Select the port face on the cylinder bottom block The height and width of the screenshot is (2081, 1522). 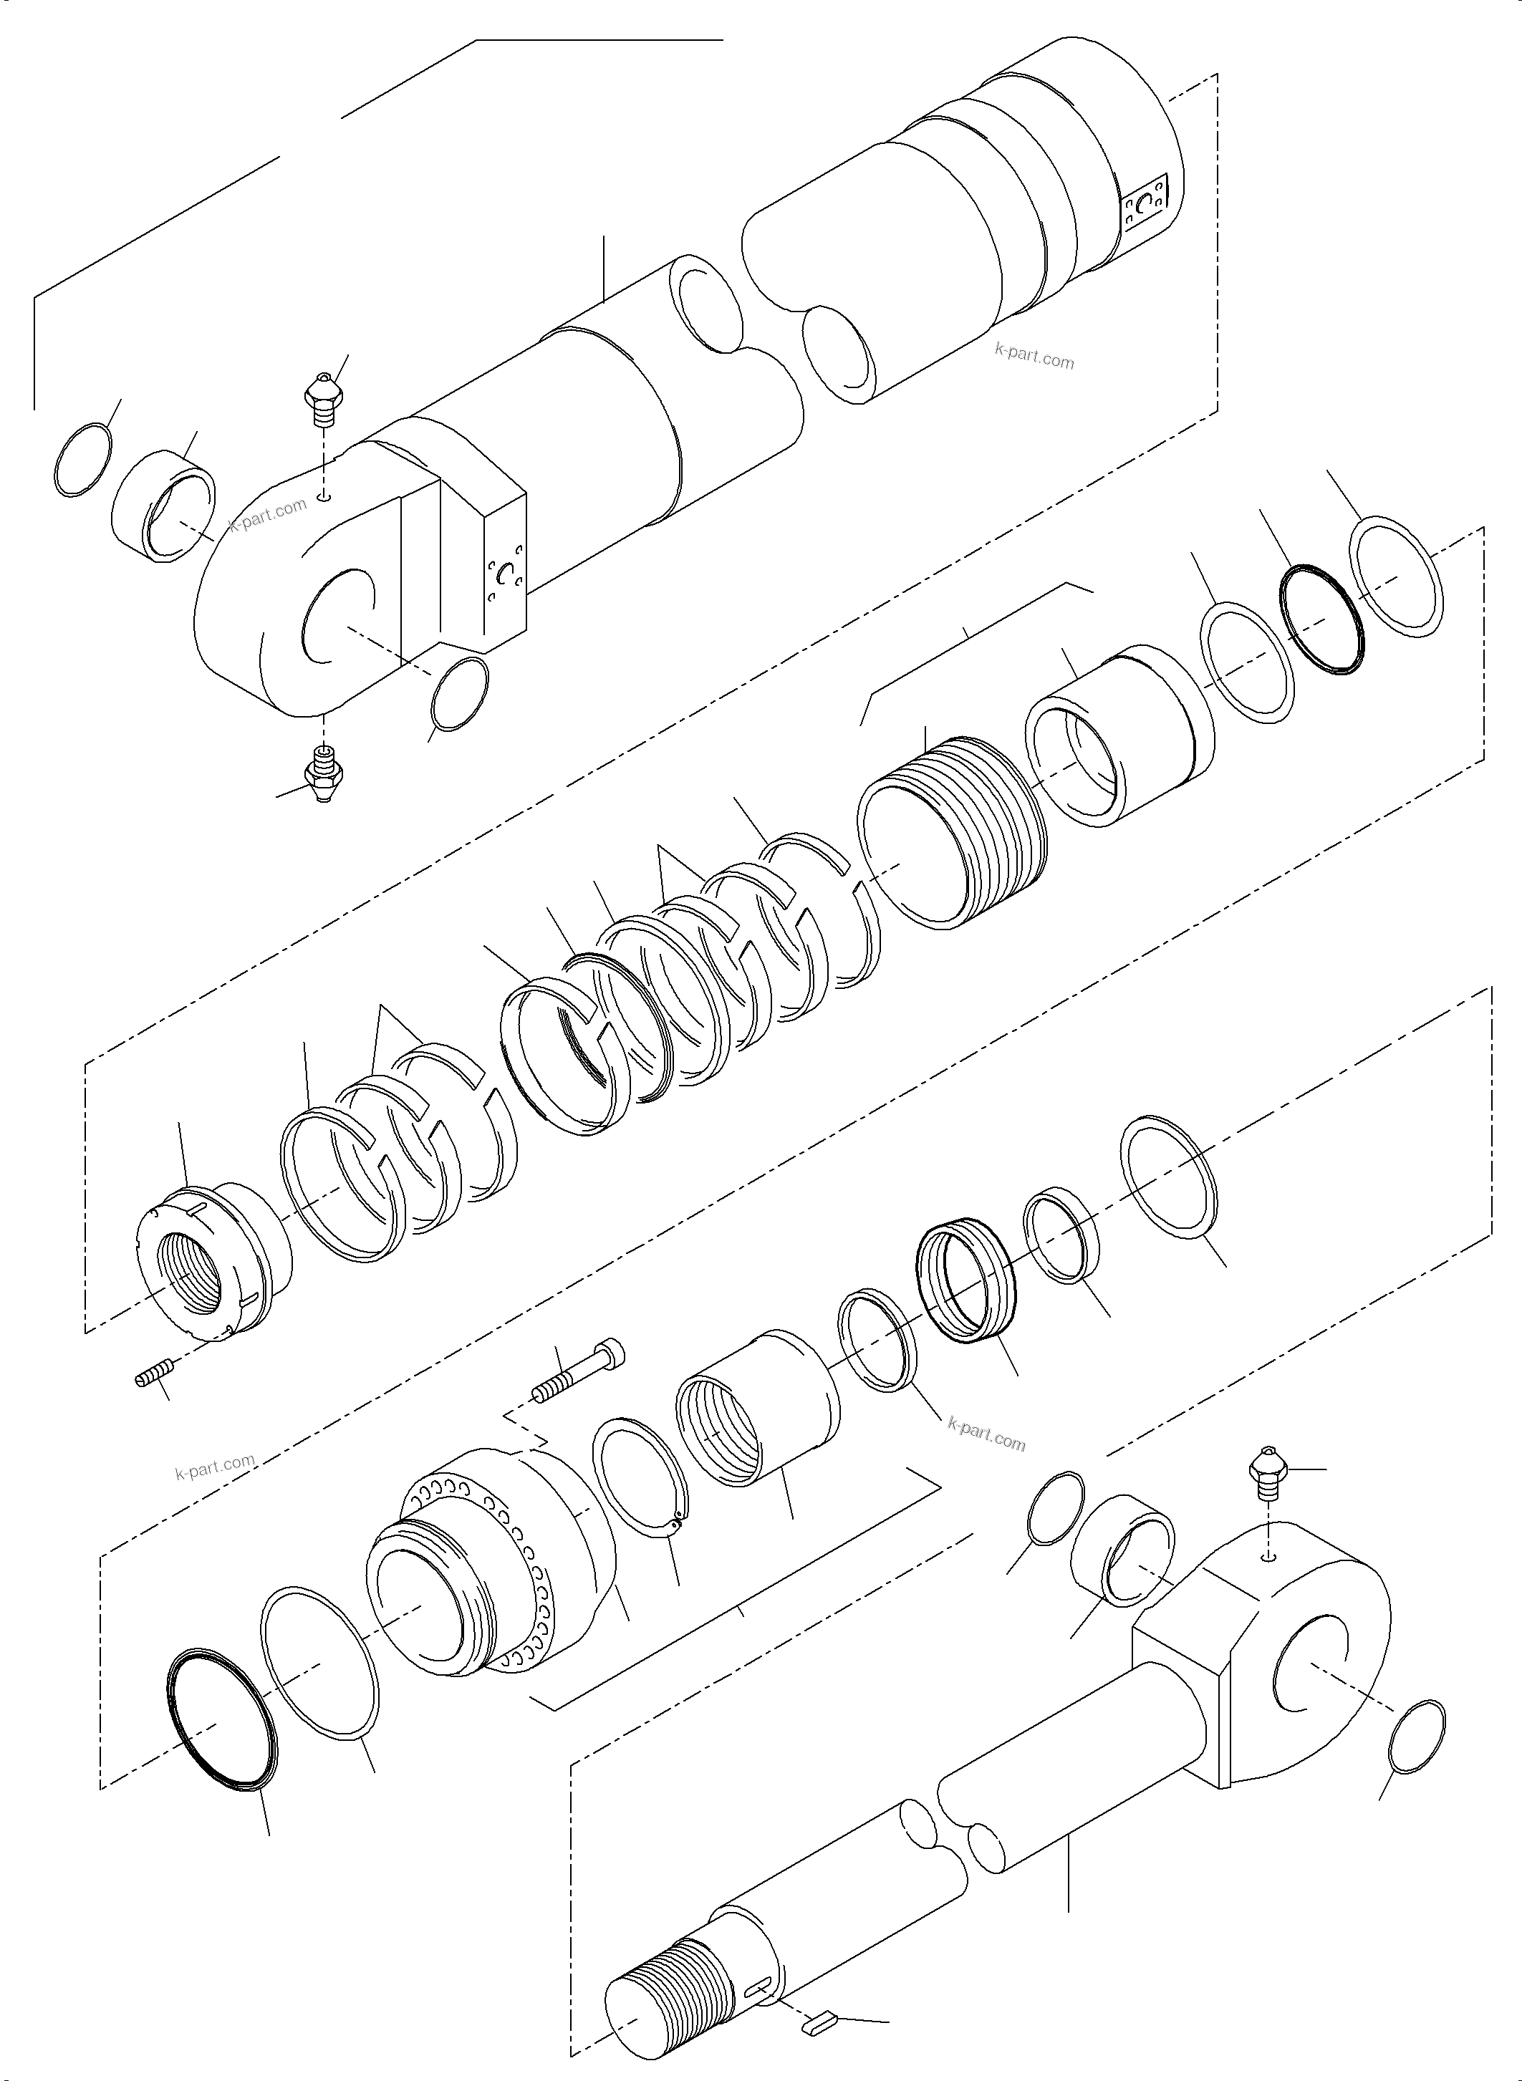[x=505, y=580]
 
